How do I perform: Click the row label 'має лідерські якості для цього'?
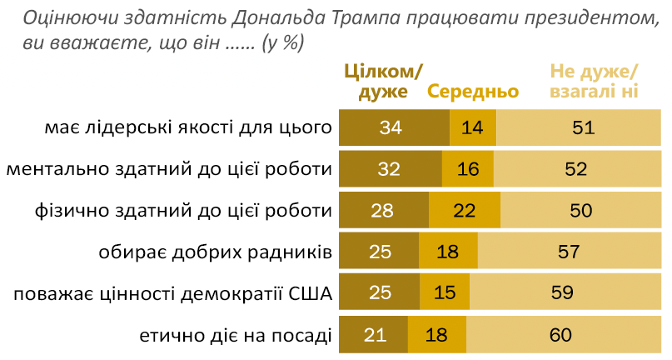[x=189, y=127]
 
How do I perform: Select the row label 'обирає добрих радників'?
[x=216, y=252]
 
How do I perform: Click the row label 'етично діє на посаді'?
[x=236, y=335]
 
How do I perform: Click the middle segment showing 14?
[x=472, y=127]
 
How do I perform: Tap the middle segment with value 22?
[x=465, y=211]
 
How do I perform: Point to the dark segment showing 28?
[x=383, y=211]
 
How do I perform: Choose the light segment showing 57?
[x=572, y=252]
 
